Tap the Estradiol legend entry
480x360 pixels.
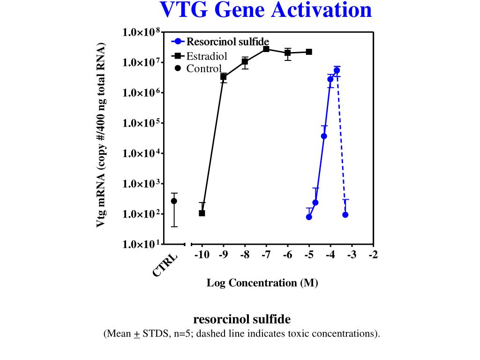(x=207, y=56)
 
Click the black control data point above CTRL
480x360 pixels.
(x=174, y=201)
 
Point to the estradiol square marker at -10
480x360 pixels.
(x=202, y=213)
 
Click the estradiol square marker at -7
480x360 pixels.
(x=266, y=49)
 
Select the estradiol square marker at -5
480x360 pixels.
(x=309, y=52)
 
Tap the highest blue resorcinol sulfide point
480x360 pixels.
(x=337, y=70)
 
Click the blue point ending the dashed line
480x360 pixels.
(x=345, y=215)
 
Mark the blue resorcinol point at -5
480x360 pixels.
(x=309, y=217)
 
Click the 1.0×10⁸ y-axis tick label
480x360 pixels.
(x=141, y=32)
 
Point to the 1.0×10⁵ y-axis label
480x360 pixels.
(x=141, y=123)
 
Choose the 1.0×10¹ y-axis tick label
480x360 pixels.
(x=141, y=244)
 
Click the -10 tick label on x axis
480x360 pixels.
(x=202, y=255)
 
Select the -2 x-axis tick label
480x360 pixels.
(x=373, y=255)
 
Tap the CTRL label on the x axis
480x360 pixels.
(x=165, y=265)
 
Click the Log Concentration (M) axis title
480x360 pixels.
(x=262, y=283)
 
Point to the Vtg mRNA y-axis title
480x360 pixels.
(x=101, y=135)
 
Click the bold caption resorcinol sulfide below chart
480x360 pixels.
(x=242, y=320)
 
